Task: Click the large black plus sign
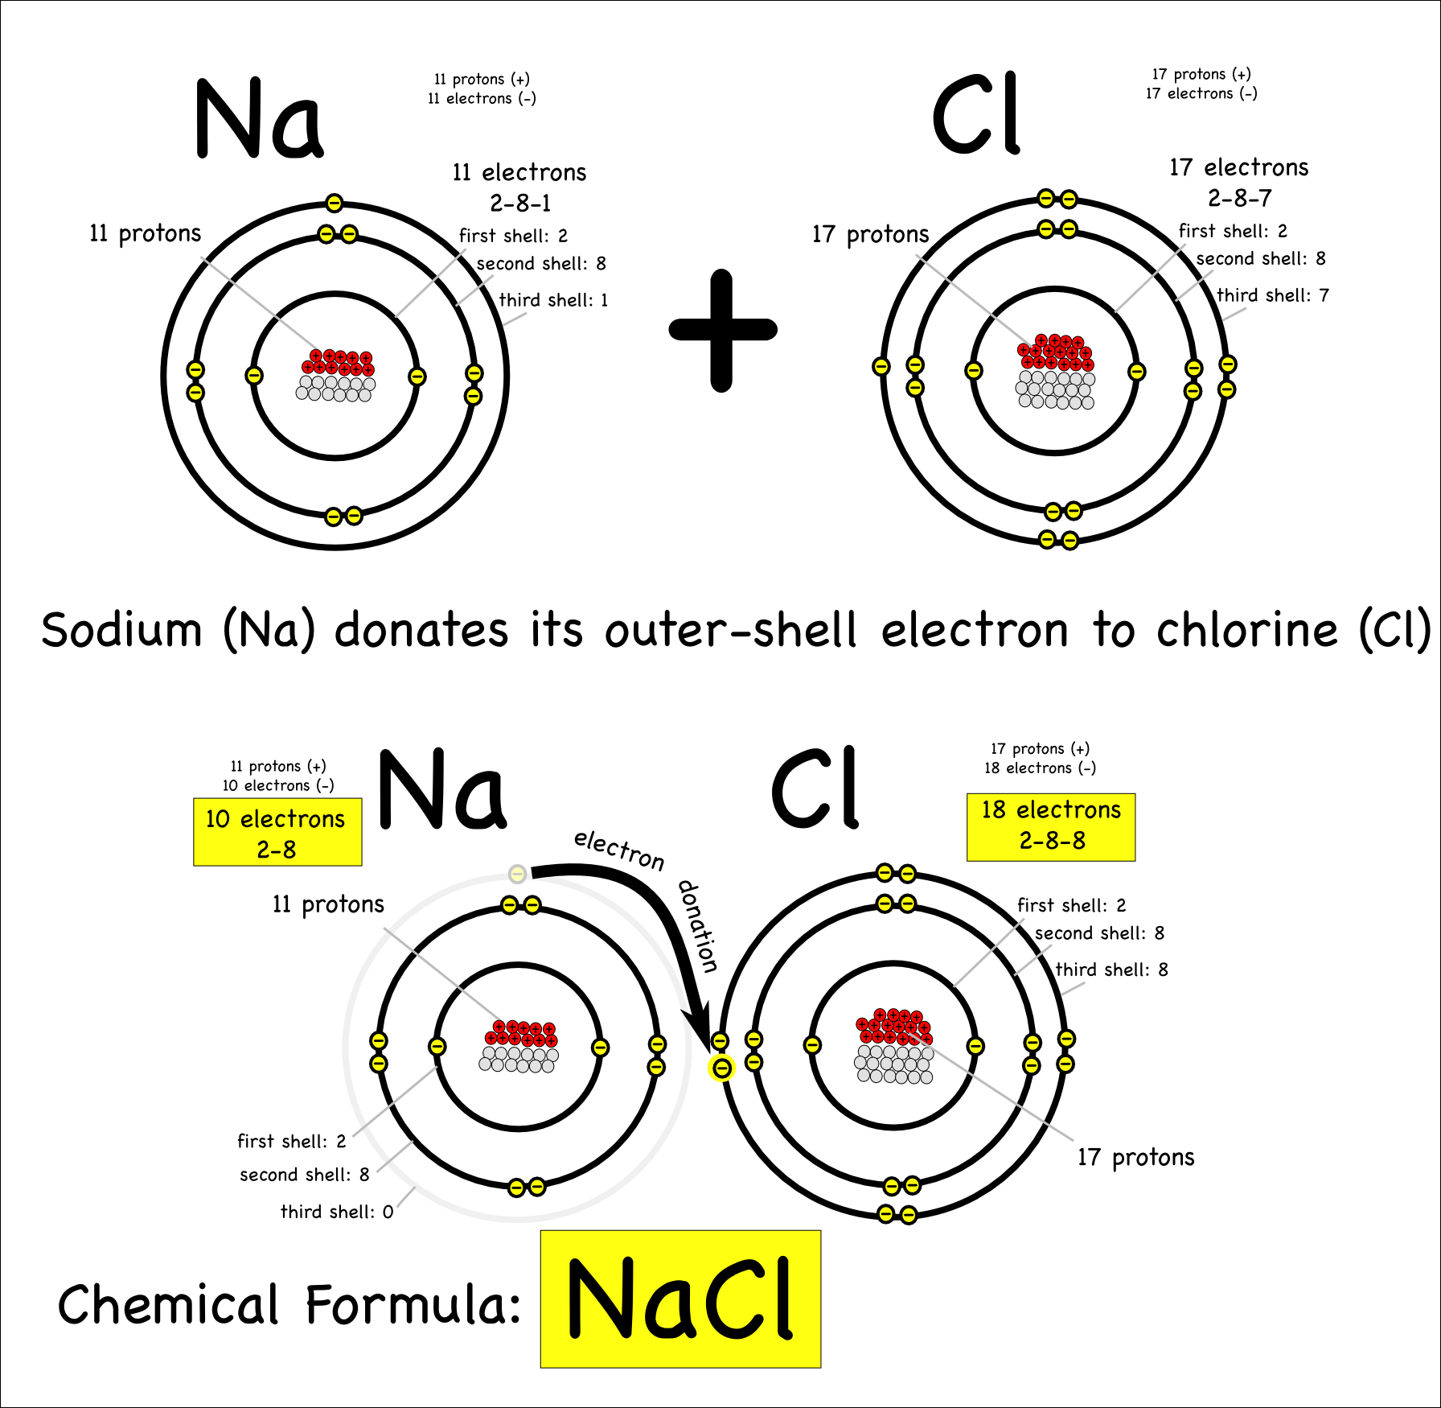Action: (722, 330)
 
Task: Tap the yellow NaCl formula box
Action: (680, 1299)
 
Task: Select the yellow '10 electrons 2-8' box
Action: (277, 832)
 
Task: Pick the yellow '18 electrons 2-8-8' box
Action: (1051, 826)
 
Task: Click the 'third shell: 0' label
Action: (336, 1212)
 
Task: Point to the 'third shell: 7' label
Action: (1272, 295)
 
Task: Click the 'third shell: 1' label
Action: (553, 300)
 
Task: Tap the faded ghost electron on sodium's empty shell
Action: (518, 874)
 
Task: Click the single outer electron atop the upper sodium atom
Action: (335, 203)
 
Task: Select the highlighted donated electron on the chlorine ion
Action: (722, 1068)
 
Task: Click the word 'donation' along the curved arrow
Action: (698, 925)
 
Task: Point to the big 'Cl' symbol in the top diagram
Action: (976, 114)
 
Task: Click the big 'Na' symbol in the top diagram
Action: (259, 119)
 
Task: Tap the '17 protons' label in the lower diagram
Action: (1135, 1157)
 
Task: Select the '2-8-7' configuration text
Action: (1239, 198)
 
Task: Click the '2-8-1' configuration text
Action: (520, 203)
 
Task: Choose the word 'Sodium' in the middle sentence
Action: (121, 629)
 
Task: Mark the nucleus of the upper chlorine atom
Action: (1055, 372)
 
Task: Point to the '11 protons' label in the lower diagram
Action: (328, 904)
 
